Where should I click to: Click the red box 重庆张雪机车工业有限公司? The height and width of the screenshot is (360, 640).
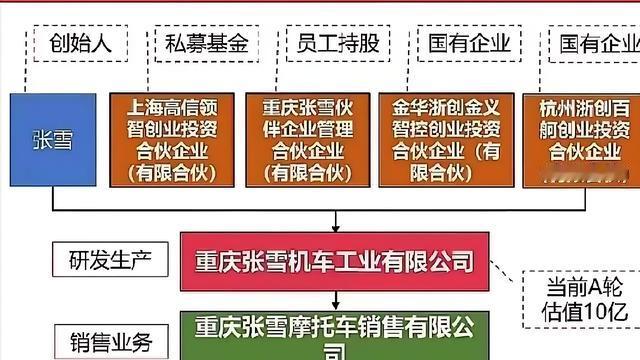(x=335, y=263)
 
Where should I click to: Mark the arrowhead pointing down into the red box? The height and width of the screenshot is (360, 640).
(x=335, y=227)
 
